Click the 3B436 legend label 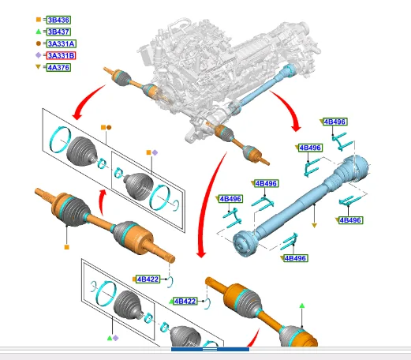[58, 20]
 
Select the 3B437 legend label [58, 32]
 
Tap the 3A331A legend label [62, 43]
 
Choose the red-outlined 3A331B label [61, 55]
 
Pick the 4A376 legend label [58, 67]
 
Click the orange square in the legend [39, 20]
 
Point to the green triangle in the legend [39, 32]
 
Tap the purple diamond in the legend [39, 55]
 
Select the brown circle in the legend [39, 43]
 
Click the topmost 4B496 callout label [335, 122]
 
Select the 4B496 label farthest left [230, 199]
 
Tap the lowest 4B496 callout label [295, 258]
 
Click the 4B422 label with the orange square [148, 279]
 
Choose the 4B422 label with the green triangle [185, 301]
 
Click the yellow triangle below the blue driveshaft [314, 226]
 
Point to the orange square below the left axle [67, 247]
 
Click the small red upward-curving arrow [101, 202]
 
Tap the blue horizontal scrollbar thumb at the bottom [210, 349]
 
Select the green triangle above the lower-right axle [302, 306]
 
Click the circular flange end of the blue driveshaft [243, 243]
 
